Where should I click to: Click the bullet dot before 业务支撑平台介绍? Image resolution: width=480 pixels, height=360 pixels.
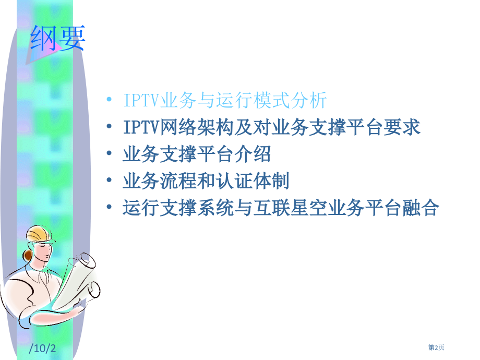coord(109,155)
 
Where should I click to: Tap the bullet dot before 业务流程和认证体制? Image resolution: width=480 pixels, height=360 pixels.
coord(109,182)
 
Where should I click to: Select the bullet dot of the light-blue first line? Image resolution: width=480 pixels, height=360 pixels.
coord(109,100)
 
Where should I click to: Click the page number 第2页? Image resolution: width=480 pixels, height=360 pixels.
coord(437,348)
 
